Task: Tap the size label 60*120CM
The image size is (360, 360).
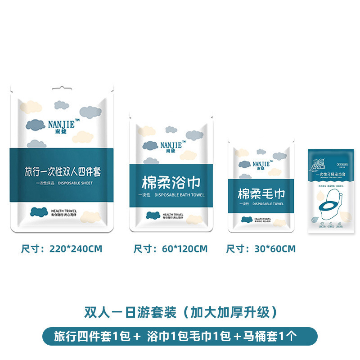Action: pos(171,248)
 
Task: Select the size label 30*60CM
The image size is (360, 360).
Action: pos(261,248)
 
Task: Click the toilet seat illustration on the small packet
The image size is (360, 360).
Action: pos(331,205)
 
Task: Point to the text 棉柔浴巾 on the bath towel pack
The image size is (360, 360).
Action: pos(170,184)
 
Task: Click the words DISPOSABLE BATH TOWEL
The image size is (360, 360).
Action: pos(179,195)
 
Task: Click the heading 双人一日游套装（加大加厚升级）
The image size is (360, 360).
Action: pos(180,312)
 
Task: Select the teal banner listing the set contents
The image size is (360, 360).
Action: pos(180,336)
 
